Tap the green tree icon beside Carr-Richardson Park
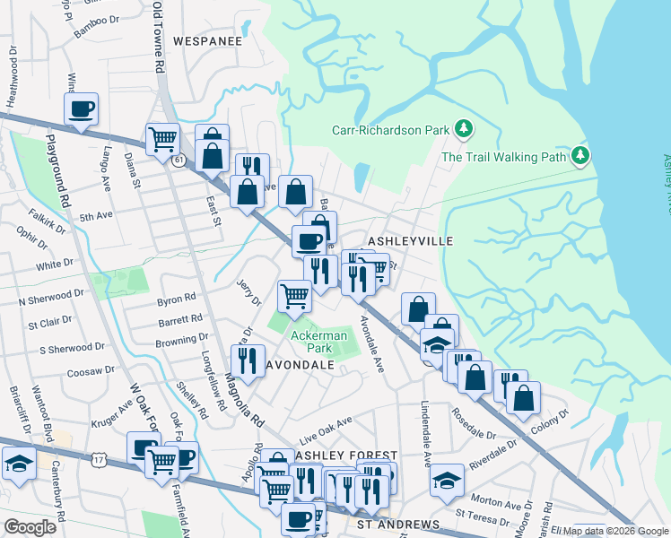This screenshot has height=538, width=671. point(464,130)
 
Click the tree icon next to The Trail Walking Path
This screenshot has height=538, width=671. point(580,156)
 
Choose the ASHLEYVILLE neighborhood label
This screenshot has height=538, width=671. point(411,241)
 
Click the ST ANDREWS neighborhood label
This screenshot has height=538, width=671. point(398,524)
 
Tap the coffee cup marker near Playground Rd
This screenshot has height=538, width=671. point(81,110)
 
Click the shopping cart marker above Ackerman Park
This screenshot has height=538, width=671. point(294,295)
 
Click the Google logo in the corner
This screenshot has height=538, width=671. point(30,527)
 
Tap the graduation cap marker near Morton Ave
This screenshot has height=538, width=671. point(447,480)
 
